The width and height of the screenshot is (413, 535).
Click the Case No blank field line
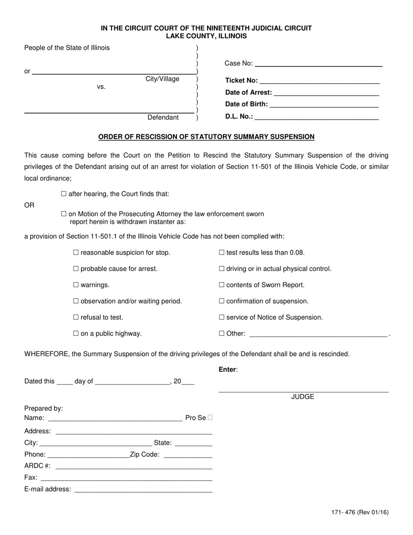click(x=318, y=64)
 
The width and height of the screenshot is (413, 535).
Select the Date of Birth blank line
click(x=324, y=104)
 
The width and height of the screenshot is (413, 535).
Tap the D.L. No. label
click(x=239, y=116)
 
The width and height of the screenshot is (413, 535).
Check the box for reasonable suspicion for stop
click(x=76, y=253)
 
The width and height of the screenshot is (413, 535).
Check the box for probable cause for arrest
click(x=76, y=269)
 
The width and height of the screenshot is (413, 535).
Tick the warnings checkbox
click(x=76, y=285)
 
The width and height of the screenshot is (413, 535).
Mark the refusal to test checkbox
click(x=76, y=318)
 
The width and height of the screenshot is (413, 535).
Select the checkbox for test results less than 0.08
click(x=222, y=253)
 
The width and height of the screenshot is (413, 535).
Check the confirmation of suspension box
click(x=222, y=301)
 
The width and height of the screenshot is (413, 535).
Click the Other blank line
click(x=318, y=334)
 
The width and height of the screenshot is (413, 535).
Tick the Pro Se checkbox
click(x=210, y=418)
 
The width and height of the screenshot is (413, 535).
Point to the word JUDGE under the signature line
click(x=303, y=397)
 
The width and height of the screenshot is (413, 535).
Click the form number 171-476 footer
click(x=360, y=512)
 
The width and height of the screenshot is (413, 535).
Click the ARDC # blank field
click(x=134, y=466)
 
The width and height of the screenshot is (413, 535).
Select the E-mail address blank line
click(x=143, y=489)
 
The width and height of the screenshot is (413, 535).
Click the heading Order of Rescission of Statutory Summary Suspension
click(x=206, y=137)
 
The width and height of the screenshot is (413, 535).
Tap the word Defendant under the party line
click(x=163, y=117)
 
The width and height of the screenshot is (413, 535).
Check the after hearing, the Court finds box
click(x=64, y=194)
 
